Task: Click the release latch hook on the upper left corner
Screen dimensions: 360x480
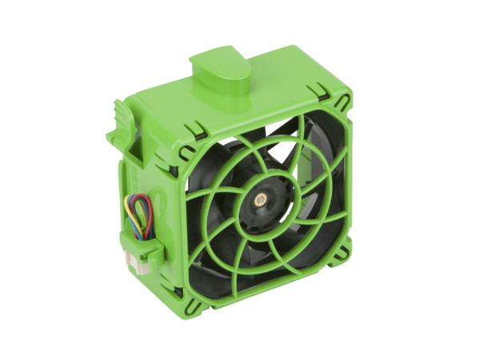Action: point(121,120)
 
